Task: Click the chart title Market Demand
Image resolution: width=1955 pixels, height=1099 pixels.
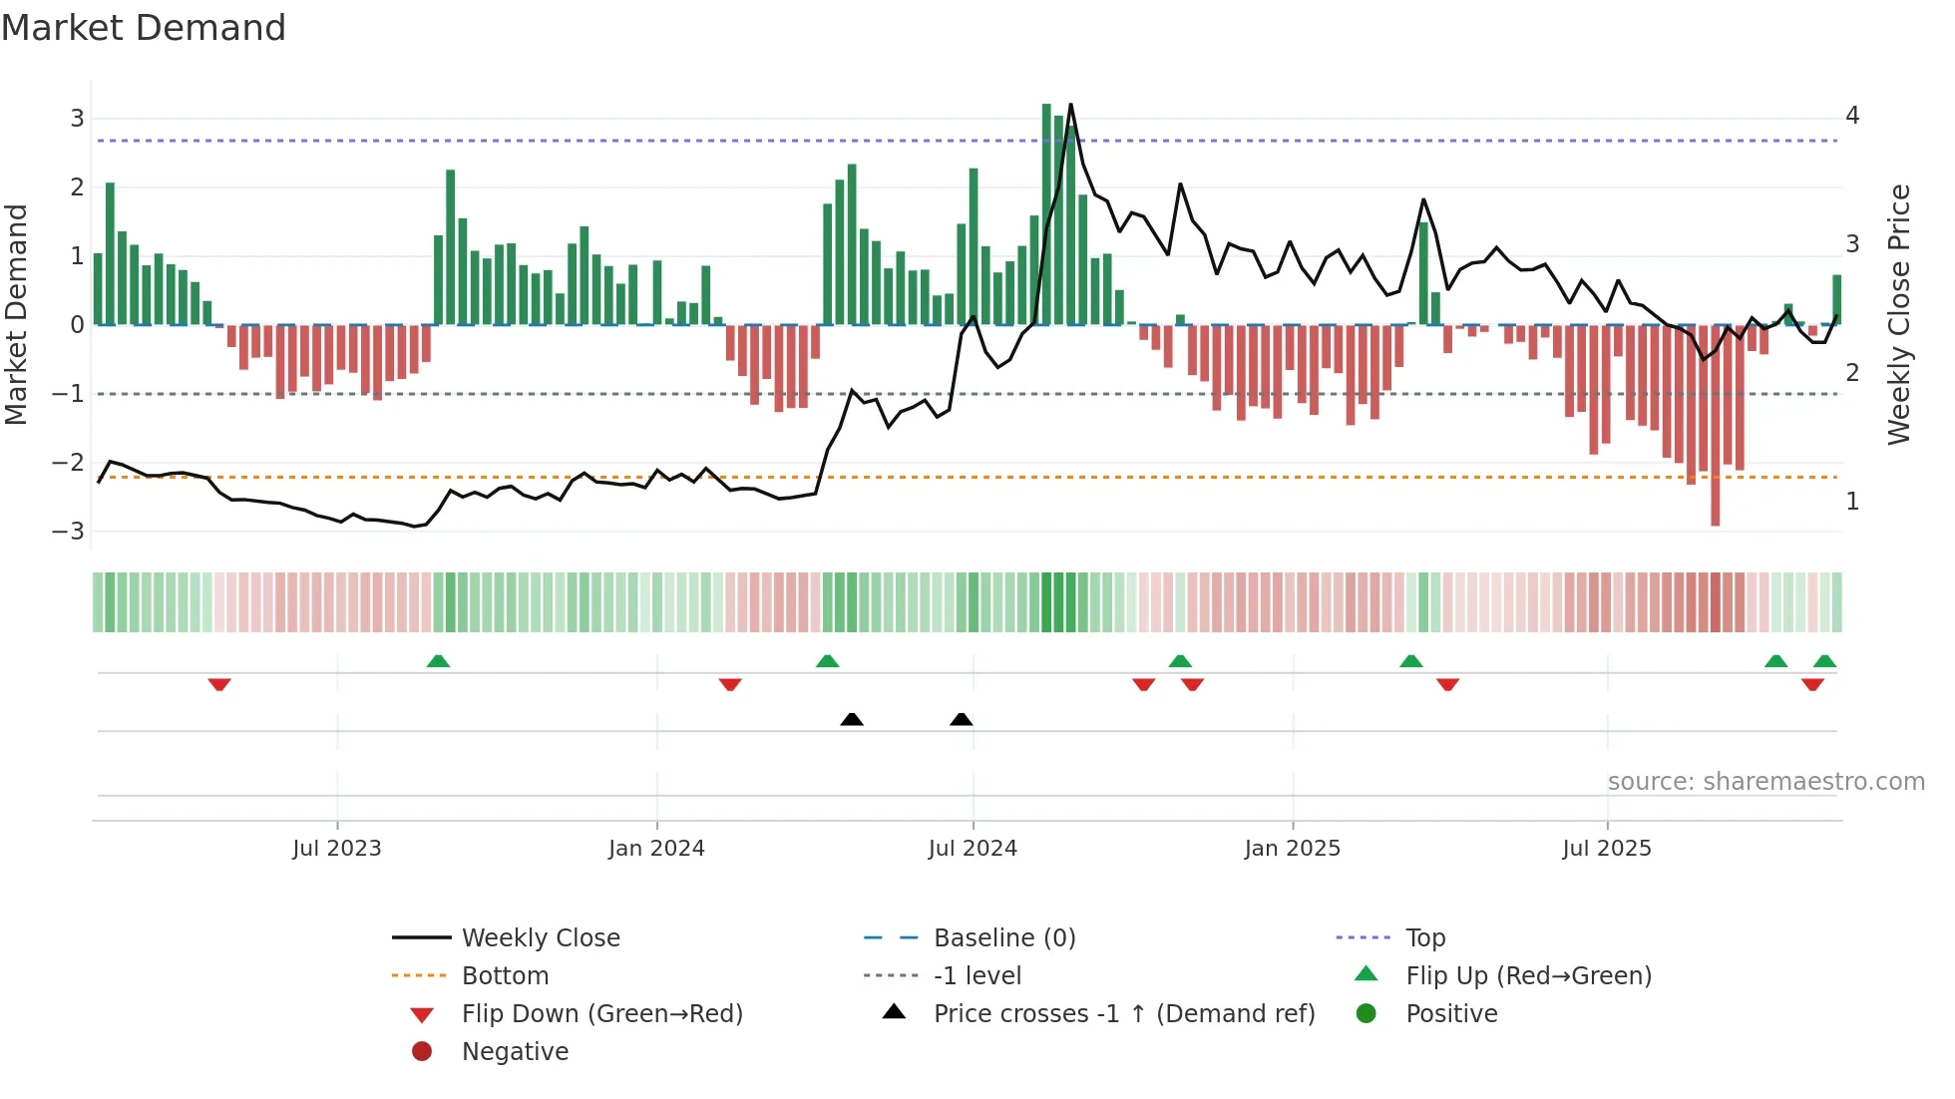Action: click(144, 28)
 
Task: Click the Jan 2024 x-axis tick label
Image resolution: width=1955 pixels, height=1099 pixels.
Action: click(656, 849)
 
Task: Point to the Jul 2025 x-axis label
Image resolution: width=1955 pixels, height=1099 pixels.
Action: click(1606, 849)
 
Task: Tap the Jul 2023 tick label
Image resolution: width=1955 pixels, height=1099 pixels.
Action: click(337, 849)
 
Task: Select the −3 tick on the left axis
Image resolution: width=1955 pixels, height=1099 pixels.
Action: click(69, 532)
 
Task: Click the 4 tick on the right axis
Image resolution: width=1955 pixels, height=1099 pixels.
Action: click(1852, 116)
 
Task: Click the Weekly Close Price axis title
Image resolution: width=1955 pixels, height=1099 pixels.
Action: click(1898, 314)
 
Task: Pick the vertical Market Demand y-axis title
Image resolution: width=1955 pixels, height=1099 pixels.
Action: click(17, 314)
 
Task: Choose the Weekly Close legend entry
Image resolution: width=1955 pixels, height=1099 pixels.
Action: click(540, 938)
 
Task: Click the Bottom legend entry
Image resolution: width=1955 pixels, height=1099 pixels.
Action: click(505, 976)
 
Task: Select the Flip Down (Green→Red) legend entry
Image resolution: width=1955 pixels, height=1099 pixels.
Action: click(601, 1014)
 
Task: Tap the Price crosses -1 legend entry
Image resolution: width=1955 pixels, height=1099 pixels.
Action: click(1123, 1014)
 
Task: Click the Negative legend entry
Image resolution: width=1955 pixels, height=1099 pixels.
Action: click(515, 1052)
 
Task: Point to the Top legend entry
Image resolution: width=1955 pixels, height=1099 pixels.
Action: click(1424, 938)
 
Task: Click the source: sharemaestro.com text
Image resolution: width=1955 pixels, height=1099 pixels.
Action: click(1765, 782)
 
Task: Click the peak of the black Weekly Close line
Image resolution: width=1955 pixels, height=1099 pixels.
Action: click(1070, 105)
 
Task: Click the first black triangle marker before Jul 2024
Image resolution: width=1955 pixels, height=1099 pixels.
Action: click(852, 719)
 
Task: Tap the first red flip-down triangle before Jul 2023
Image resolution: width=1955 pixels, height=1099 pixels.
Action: click(219, 684)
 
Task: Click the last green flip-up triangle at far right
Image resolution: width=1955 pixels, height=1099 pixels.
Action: click(1824, 661)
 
